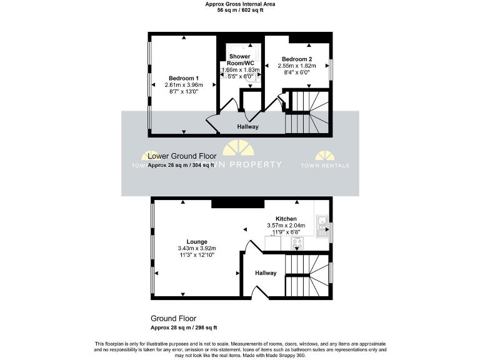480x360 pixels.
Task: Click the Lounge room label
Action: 196,241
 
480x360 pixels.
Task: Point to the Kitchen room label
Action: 277,218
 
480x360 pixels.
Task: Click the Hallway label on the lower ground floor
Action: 247,127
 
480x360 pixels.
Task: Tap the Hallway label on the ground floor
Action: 266,273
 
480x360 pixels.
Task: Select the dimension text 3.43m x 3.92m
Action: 196,248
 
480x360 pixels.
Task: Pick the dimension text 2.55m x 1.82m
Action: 298,66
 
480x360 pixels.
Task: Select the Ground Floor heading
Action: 173,318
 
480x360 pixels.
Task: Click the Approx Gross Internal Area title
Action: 241,4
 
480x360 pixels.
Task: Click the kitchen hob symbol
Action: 296,243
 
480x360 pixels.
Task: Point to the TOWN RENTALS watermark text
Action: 325,165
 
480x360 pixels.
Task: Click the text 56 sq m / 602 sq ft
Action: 241,11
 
